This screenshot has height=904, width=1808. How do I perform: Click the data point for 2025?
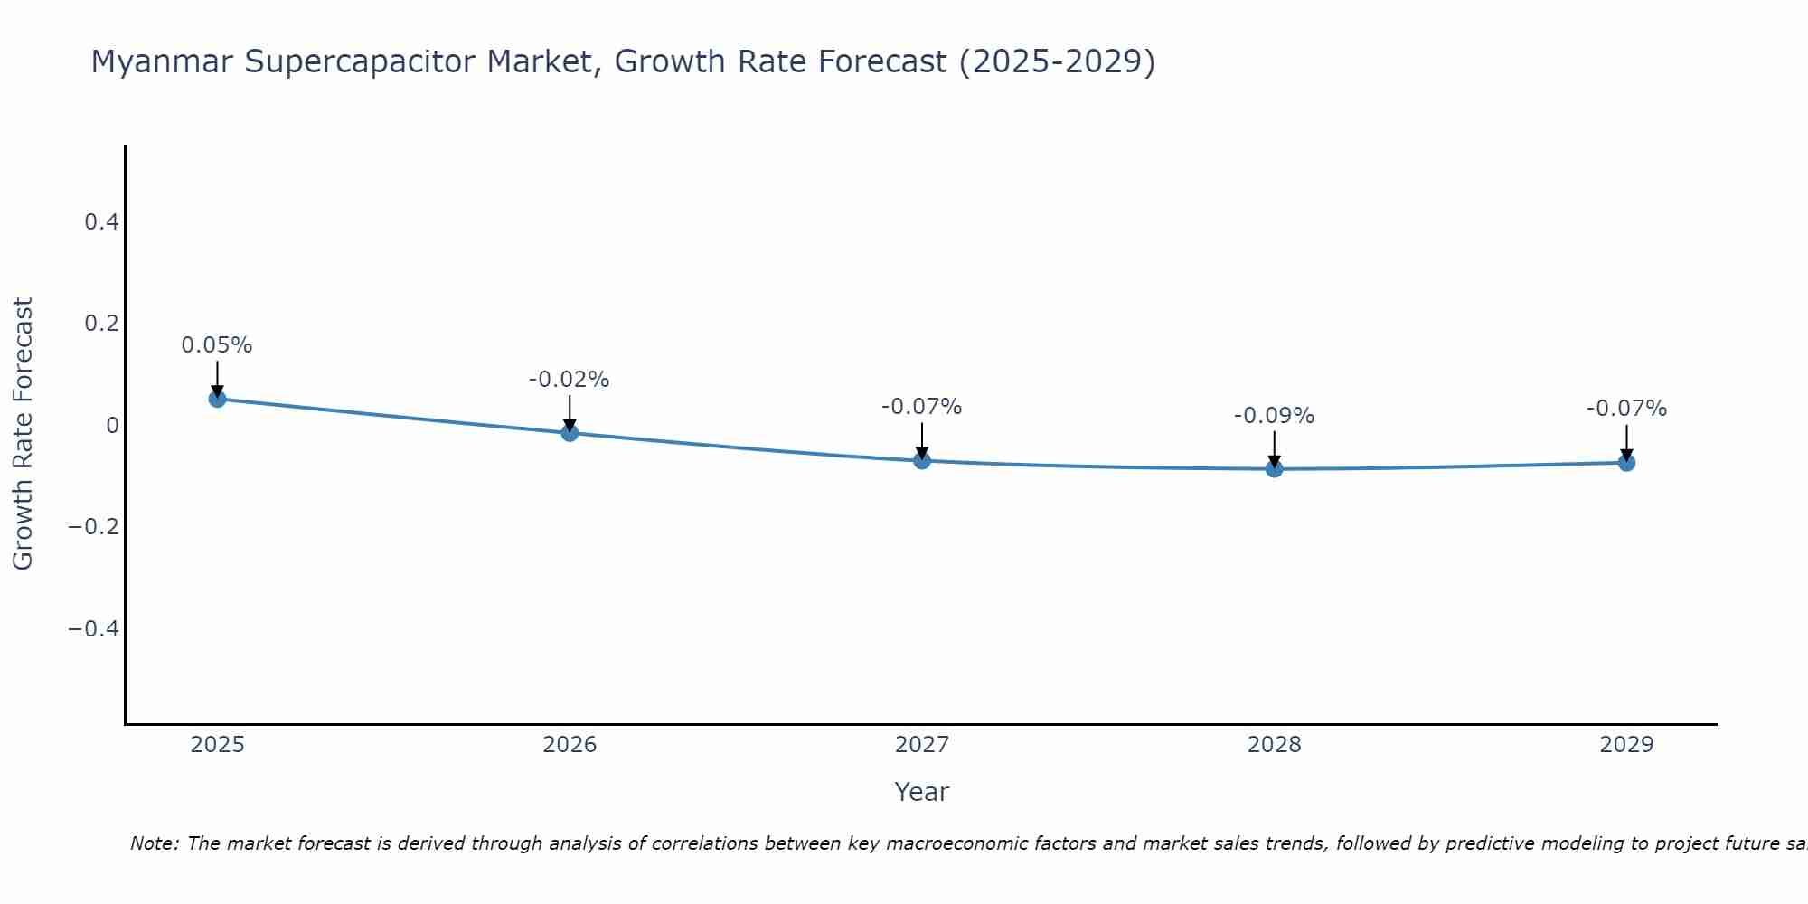pyautogui.click(x=217, y=399)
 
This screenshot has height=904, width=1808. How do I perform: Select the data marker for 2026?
pyautogui.click(x=570, y=433)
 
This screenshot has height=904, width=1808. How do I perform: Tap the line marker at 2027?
pyautogui.click(x=922, y=461)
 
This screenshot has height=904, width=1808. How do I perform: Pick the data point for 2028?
pyautogui.click(x=1275, y=468)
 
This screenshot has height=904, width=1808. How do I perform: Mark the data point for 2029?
pyautogui.click(x=1626, y=463)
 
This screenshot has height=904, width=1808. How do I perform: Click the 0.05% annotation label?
pyautogui.click(x=217, y=345)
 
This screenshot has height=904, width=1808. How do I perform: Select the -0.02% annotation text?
pyautogui.click(x=570, y=380)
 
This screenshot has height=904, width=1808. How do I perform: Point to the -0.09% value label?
pyautogui.click(x=1275, y=416)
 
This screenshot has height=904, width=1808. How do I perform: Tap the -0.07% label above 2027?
pyautogui.click(x=922, y=407)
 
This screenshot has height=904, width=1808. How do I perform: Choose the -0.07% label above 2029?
pyautogui.click(x=1626, y=409)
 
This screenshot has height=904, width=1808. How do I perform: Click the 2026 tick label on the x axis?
pyautogui.click(x=570, y=745)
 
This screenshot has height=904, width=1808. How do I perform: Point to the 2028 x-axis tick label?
pyautogui.click(x=1275, y=745)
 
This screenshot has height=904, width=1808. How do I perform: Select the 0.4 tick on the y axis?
pyautogui.click(x=102, y=221)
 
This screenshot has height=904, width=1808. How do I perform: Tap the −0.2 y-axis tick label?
pyautogui.click(x=94, y=526)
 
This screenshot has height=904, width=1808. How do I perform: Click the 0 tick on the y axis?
pyautogui.click(x=112, y=425)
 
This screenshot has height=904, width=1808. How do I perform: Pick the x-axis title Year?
pyautogui.click(x=922, y=792)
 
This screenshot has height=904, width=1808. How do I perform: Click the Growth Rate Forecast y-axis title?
pyautogui.click(x=23, y=434)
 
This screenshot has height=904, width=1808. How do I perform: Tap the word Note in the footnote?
pyautogui.click(x=154, y=843)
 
